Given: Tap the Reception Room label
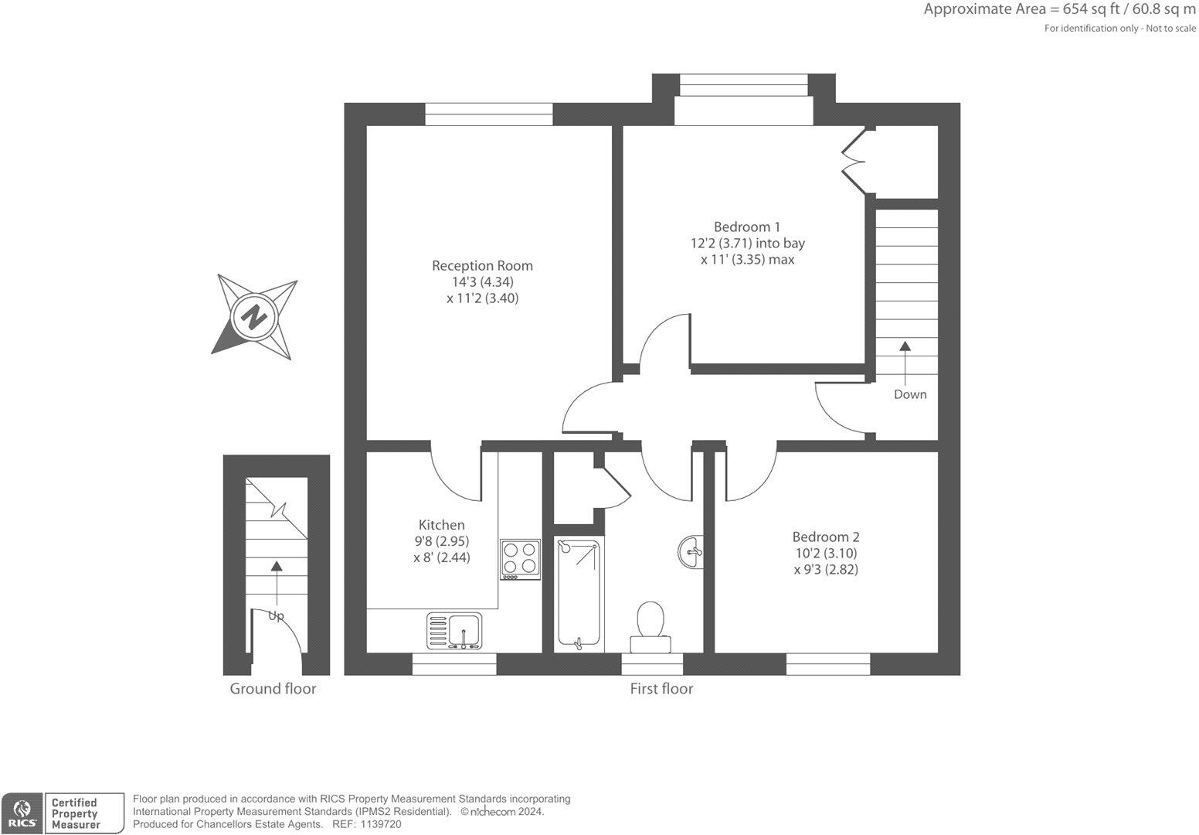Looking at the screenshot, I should click(482, 265).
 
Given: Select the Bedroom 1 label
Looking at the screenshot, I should click(746, 227).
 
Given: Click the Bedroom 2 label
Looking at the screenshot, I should click(825, 537).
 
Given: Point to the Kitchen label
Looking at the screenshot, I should click(441, 524).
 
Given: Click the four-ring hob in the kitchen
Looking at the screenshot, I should click(520, 559).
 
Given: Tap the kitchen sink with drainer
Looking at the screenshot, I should click(453, 630).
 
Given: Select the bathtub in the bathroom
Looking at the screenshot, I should click(579, 594).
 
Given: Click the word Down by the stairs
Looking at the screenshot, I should click(909, 394).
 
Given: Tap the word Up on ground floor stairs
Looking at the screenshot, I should click(276, 615).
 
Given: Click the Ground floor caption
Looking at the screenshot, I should click(273, 688).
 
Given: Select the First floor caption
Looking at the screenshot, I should click(661, 688).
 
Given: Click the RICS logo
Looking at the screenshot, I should click(21, 813).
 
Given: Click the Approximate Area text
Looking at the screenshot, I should click(1059, 10).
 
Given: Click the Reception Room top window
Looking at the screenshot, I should click(489, 114).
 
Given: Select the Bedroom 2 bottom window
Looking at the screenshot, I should click(828, 663).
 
